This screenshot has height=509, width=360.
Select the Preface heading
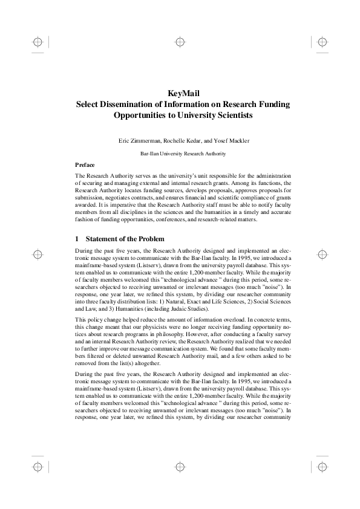click(84, 164)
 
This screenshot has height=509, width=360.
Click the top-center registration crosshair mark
click(180, 42)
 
